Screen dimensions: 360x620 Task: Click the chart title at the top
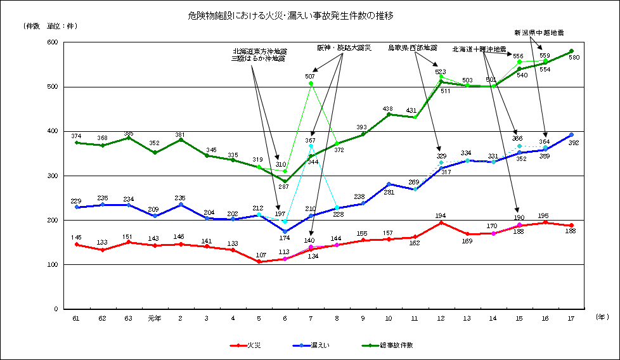[x=295, y=13]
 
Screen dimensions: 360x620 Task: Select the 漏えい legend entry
[x=320, y=345]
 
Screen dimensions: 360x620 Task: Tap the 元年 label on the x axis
[x=154, y=318]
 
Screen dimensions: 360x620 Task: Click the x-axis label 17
[x=571, y=318]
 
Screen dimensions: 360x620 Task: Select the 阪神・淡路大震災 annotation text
[x=344, y=48]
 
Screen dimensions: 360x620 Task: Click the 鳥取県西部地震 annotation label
[x=413, y=48]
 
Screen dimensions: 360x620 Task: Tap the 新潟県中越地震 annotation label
[x=539, y=32]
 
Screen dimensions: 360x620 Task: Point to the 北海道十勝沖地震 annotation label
[x=479, y=49]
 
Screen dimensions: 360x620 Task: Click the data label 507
[x=310, y=76]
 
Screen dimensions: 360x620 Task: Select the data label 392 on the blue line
[x=575, y=143]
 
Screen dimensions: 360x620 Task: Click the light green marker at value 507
[x=311, y=84]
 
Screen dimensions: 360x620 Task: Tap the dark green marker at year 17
[x=571, y=51]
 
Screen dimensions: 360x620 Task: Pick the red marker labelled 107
[x=259, y=261]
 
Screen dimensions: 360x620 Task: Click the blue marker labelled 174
[x=285, y=231]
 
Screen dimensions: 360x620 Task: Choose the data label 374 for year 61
[x=77, y=136]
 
